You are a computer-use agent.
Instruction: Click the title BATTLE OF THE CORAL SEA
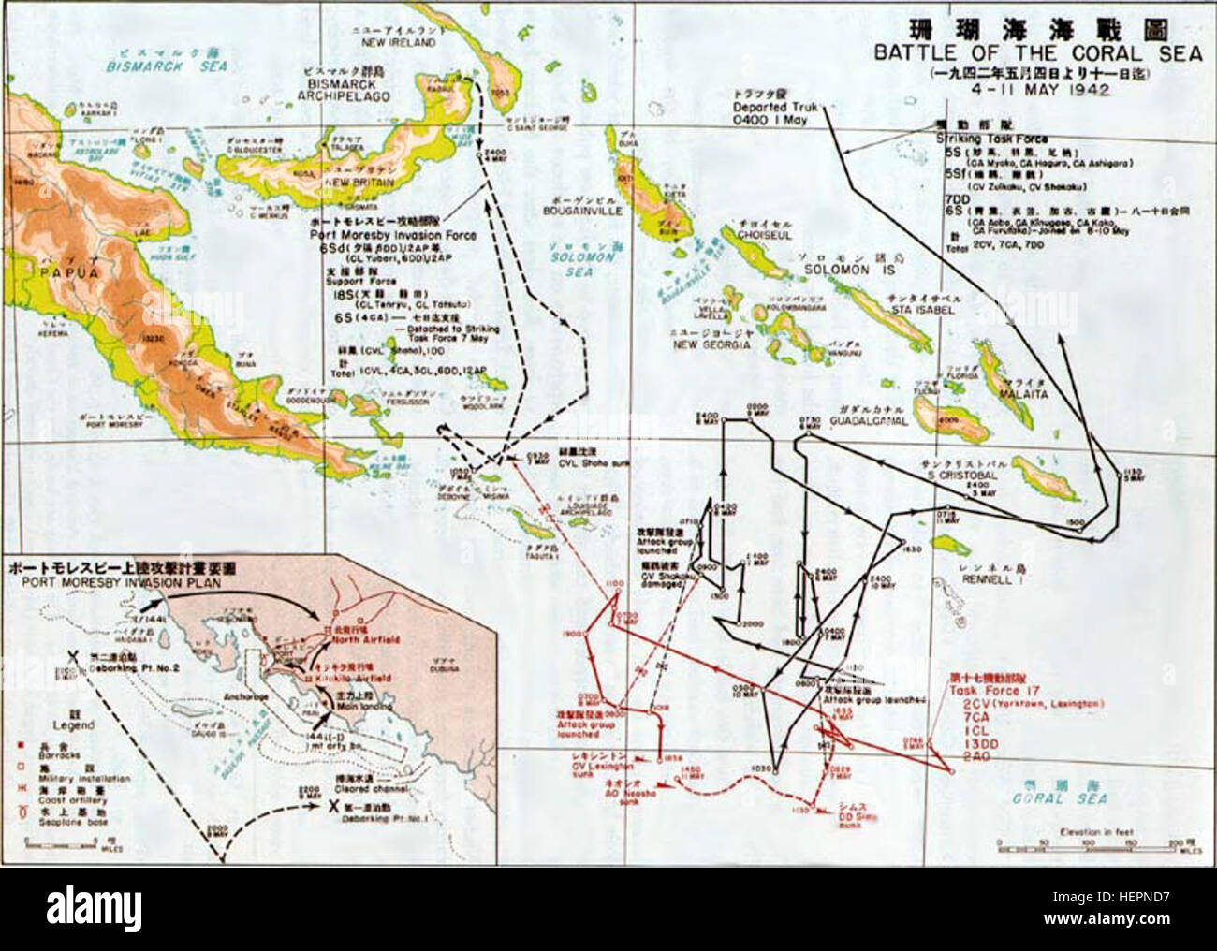point(1037,53)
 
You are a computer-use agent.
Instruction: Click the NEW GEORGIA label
point(712,344)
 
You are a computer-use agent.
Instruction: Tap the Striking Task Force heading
point(981,138)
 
